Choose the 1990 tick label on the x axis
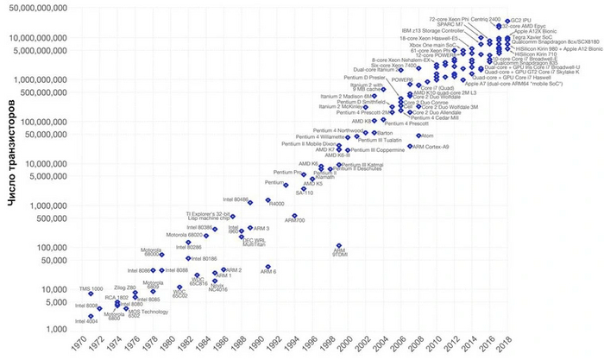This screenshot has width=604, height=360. tap(271, 344)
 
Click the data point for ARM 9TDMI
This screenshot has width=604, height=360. tap(340, 246)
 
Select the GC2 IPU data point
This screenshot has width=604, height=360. tap(507, 19)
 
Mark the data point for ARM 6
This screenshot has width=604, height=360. tap(268, 267)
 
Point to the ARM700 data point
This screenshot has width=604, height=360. tap(294, 215)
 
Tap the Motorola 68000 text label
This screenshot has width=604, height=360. tap(153, 252)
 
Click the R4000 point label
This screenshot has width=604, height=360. tap(278, 205)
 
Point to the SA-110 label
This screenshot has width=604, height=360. tap(305, 193)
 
